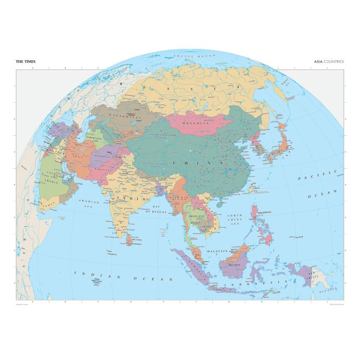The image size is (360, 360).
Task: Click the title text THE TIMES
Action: click(x=26, y=61)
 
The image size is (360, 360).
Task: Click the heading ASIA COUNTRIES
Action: click(x=329, y=61)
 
